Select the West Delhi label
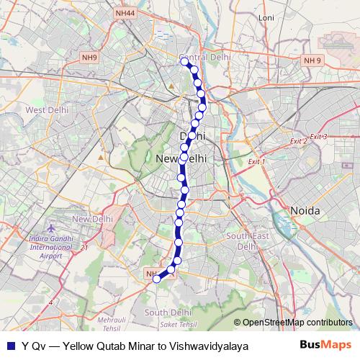(x=47, y=110)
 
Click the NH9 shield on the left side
(x=90, y=58)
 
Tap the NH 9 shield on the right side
(x=313, y=60)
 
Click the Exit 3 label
(x=318, y=136)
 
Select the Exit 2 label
(x=299, y=141)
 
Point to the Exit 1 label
(x=256, y=162)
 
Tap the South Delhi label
(x=166, y=312)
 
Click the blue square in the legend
(x=10, y=346)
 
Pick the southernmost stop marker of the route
(x=156, y=280)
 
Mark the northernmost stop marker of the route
(x=185, y=63)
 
